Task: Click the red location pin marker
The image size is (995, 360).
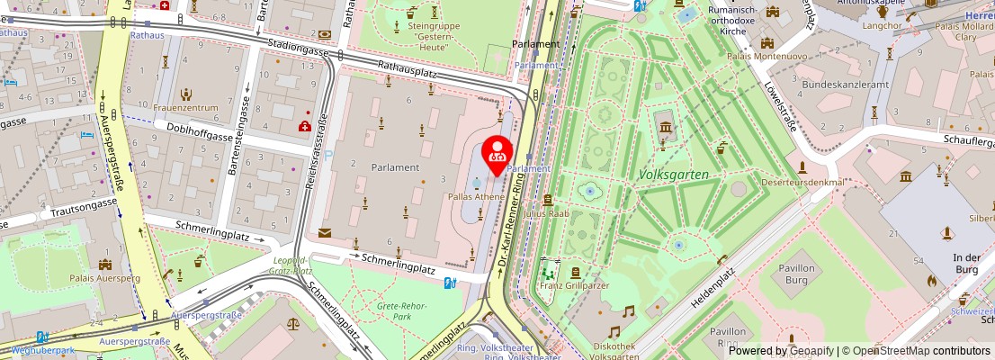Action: (x=497, y=154)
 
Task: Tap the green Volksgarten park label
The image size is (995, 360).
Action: (x=674, y=174)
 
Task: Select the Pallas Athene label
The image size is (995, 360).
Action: (x=476, y=196)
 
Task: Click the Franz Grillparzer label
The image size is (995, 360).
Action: (x=574, y=285)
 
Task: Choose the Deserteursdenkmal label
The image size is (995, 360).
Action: (x=803, y=182)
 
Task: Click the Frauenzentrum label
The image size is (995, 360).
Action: (x=186, y=107)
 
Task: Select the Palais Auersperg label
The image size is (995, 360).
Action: (x=105, y=278)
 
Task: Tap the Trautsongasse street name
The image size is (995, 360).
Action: (x=78, y=205)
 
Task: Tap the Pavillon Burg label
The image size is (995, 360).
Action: (x=796, y=274)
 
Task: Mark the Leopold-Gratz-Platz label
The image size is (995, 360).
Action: (x=292, y=265)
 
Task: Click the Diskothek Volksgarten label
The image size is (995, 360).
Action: (x=617, y=351)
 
